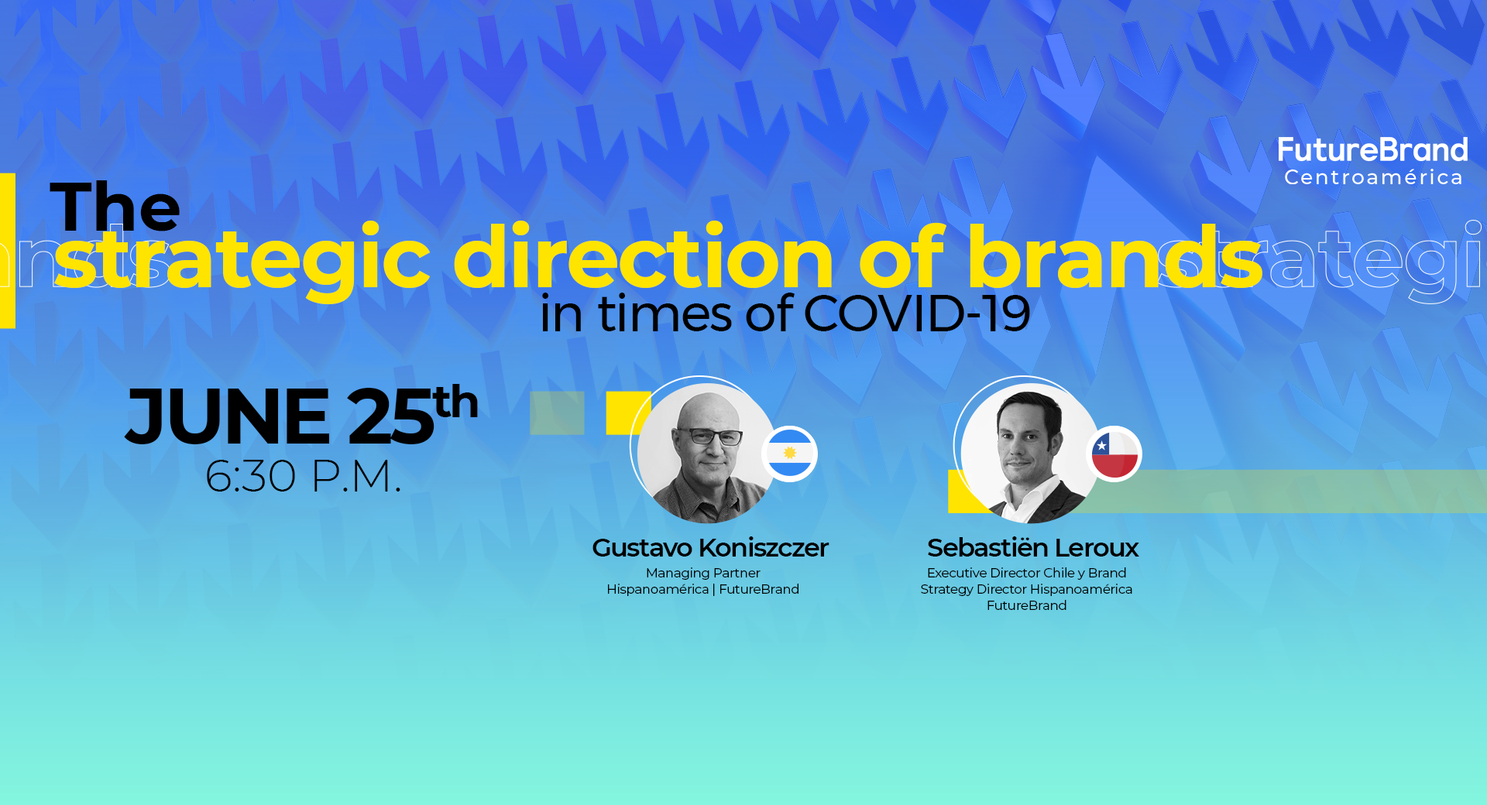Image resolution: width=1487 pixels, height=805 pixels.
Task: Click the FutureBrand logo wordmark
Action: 1372,149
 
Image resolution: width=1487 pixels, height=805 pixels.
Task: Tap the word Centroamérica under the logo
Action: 1373,177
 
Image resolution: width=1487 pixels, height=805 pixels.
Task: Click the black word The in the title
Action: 115,207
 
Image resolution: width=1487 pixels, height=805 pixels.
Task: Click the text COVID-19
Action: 917,314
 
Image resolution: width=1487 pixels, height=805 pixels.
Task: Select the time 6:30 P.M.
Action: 303,476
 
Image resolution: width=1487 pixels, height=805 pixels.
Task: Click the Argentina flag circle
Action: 790,454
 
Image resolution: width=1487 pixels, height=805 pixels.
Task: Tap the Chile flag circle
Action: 1114,454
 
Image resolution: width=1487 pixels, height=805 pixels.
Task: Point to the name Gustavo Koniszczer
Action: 710,548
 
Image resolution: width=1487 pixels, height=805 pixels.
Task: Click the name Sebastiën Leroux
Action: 1032,548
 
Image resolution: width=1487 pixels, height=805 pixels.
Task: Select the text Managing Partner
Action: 703,573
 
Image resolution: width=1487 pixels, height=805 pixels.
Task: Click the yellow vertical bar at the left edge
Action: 8,251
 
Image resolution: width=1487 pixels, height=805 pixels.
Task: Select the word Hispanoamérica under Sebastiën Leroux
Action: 1081,589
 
